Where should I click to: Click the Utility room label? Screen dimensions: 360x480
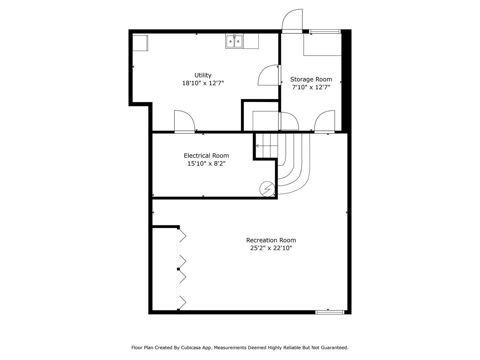click(203, 75)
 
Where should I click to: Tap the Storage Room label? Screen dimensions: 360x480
click(311, 79)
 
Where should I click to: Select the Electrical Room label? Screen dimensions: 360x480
click(206, 156)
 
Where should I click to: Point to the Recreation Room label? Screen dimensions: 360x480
click(271, 240)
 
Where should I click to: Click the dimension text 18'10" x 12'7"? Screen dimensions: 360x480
click(203, 83)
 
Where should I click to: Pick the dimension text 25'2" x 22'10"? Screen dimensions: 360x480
click(271, 248)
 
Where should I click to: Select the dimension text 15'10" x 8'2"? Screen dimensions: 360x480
click(206, 164)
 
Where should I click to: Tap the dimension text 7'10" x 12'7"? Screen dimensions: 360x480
click(311, 87)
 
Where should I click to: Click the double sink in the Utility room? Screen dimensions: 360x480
click(234, 42)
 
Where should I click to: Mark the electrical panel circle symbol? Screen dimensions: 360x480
click(267, 189)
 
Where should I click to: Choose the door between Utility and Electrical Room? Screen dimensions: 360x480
click(184, 121)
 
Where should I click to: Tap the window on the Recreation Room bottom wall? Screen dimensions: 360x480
click(330, 312)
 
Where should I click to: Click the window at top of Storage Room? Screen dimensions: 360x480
click(324, 32)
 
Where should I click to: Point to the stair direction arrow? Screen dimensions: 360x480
click(258, 146)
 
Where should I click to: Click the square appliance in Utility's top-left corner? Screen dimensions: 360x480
click(140, 43)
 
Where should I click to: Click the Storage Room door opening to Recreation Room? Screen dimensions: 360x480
click(325, 122)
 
